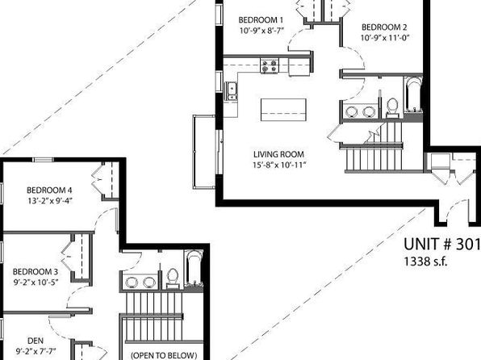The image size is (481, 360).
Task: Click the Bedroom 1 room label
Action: pyautogui.click(x=261, y=20)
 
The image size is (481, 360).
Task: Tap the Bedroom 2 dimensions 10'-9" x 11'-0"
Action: pyautogui.click(x=385, y=38)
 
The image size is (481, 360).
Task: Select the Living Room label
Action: pyautogui.click(x=279, y=154)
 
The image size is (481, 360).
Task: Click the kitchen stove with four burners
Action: pyautogui.click(x=270, y=66)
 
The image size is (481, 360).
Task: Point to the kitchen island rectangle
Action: pyautogui.click(x=283, y=110)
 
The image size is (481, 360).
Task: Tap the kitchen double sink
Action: pyautogui.click(x=232, y=91)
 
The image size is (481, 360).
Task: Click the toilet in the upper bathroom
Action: pyautogui.click(x=392, y=107)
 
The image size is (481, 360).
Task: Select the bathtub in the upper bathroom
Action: pyautogui.click(x=413, y=94)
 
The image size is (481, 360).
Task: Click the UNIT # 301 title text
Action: pyautogui.click(x=441, y=245)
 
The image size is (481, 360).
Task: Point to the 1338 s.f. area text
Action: pyautogui.click(x=425, y=262)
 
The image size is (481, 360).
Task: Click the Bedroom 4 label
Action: pyautogui.click(x=49, y=190)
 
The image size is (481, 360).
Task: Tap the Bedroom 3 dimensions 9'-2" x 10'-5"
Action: pyautogui.click(x=36, y=282)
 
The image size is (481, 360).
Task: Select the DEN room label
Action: pyautogui.click(x=36, y=341)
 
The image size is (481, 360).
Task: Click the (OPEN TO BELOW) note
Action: pyautogui.click(x=164, y=355)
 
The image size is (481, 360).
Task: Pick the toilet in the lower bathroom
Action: pyautogui.click(x=173, y=278)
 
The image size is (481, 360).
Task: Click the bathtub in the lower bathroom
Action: pyautogui.click(x=194, y=268)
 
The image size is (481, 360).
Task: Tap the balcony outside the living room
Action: pyautogui.click(x=204, y=152)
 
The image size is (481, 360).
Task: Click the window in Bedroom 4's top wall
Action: pyautogui.click(x=44, y=159)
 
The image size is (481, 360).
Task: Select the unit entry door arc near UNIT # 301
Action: pyautogui.click(x=454, y=209)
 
